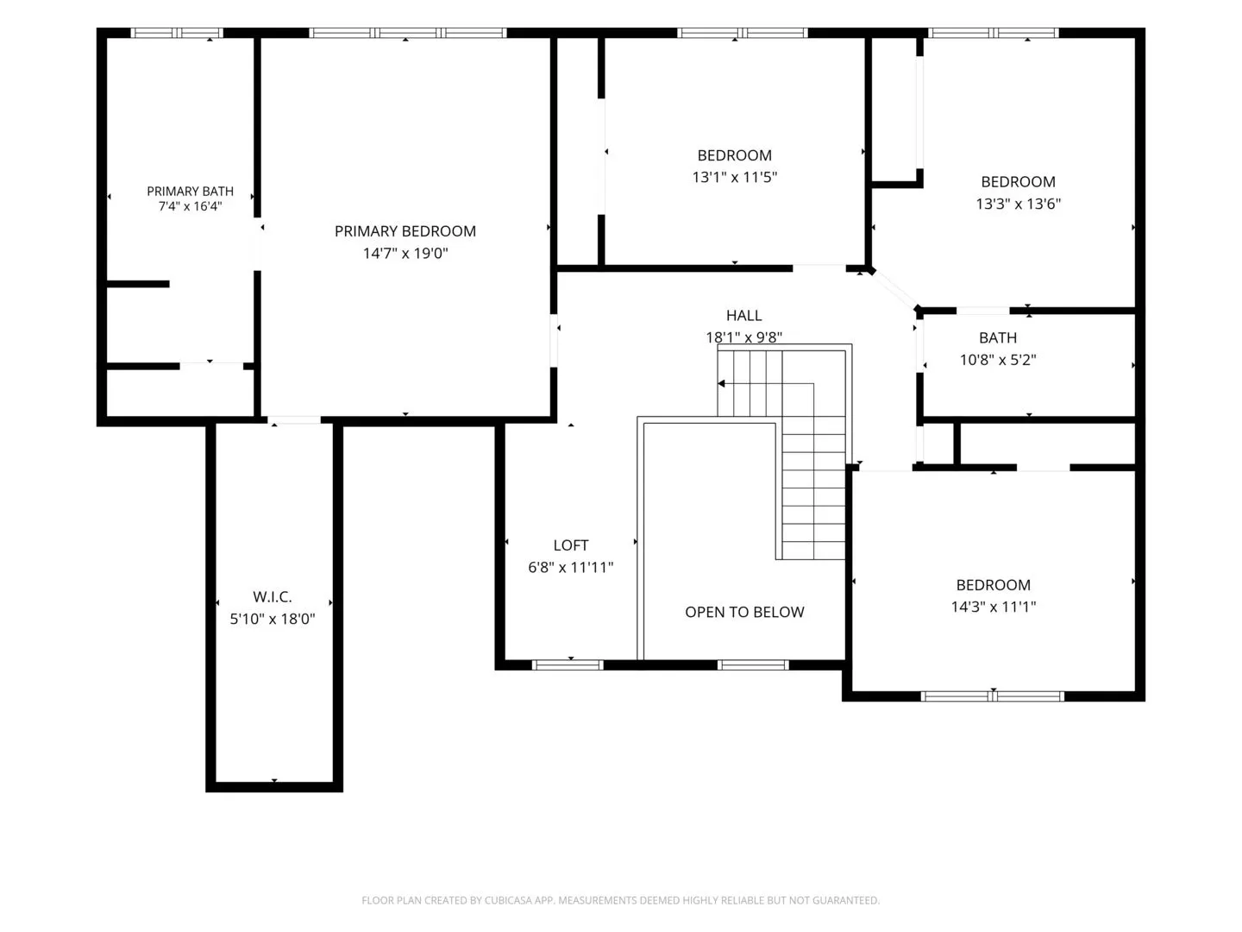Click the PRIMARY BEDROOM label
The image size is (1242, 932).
(x=405, y=231)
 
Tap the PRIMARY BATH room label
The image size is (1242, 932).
(x=190, y=192)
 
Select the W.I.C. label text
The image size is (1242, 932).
(x=273, y=596)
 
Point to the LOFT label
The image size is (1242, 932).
(x=570, y=545)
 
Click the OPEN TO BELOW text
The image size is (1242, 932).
(x=744, y=612)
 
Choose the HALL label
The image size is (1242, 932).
(x=743, y=315)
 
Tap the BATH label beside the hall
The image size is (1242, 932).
(x=998, y=337)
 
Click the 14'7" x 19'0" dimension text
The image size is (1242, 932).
(x=405, y=253)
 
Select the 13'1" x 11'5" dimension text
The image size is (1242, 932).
(x=735, y=177)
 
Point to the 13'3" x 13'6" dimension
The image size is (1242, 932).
(x=1018, y=204)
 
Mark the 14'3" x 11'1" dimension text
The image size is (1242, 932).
(x=993, y=607)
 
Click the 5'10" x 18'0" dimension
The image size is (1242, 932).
(x=273, y=619)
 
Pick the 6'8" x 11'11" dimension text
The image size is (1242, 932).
(x=570, y=567)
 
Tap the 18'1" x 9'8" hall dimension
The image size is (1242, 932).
(x=743, y=337)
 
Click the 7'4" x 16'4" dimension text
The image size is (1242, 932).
(x=190, y=206)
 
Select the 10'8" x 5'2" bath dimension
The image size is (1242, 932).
(x=998, y=359)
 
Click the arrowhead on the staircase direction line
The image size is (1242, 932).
(x=721, y=384)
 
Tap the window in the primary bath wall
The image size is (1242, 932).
(x=177, y=33)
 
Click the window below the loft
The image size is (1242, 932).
(x=568, y=664)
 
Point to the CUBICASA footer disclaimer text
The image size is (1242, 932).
(x=621, y=900)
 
